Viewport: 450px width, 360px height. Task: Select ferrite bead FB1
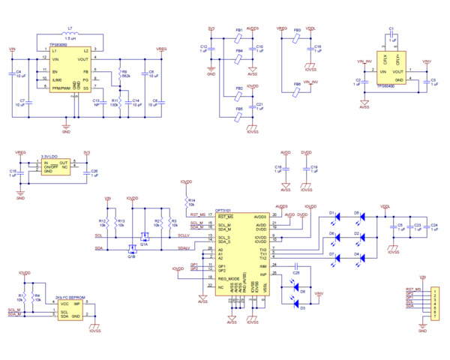(238, 38)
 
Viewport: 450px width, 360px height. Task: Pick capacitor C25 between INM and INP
(297, 266)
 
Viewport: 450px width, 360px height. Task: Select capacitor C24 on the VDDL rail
(426, 226)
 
